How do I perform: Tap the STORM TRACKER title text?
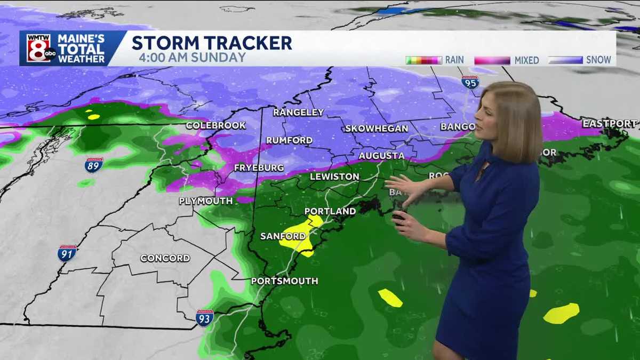[212, 43]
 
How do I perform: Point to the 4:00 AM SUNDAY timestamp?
[192, 58]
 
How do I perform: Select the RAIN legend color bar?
[423, 60]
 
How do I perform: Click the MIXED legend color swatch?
[492, 60]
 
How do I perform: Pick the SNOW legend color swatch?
[565, 60]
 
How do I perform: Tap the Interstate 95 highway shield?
[470, 82]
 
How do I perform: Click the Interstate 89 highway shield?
[93, 165]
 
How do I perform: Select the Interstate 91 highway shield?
[67, 253]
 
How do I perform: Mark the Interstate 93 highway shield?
[204, 317]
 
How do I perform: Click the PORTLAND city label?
[330, 211]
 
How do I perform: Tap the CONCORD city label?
[165, 258]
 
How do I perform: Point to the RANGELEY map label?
[298, 112]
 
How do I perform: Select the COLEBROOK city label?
[215, 125]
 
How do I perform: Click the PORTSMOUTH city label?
[284, 281]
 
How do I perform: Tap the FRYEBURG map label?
[259, 167]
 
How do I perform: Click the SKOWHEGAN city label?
[376, 129]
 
